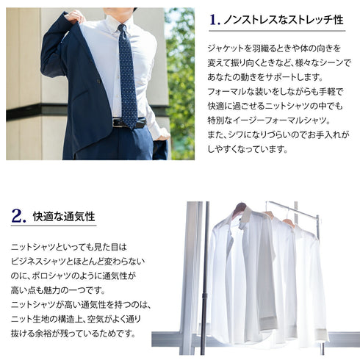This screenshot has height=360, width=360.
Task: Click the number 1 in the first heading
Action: pyautogui.click(x=215, y=21)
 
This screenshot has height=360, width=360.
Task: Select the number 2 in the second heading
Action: pyautogui.click(x=19, y=217)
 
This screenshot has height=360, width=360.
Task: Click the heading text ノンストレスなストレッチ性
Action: pyautogui.click(x=286, y=21)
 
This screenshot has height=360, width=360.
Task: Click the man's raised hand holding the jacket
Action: pyautogui.click(x=73, y=15)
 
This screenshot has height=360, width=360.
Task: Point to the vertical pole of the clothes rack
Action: pyautogui.click(x=204, y=279)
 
